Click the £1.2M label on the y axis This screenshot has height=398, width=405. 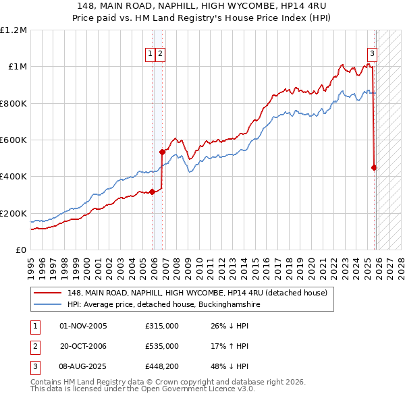coord(13,30)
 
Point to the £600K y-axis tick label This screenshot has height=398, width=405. coord(13,140)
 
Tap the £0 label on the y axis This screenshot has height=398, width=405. coord(22,250)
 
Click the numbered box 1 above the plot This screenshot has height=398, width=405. coord(150,55)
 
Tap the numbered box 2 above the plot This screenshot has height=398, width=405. coord(161,55)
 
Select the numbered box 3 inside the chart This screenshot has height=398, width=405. coord(372,55)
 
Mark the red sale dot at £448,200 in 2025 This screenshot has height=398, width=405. coord(375,168)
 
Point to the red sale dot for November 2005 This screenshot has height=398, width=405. coord(152,192)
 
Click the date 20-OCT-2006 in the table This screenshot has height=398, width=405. coord(84,346)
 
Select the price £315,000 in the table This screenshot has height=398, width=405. coord(162,326)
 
